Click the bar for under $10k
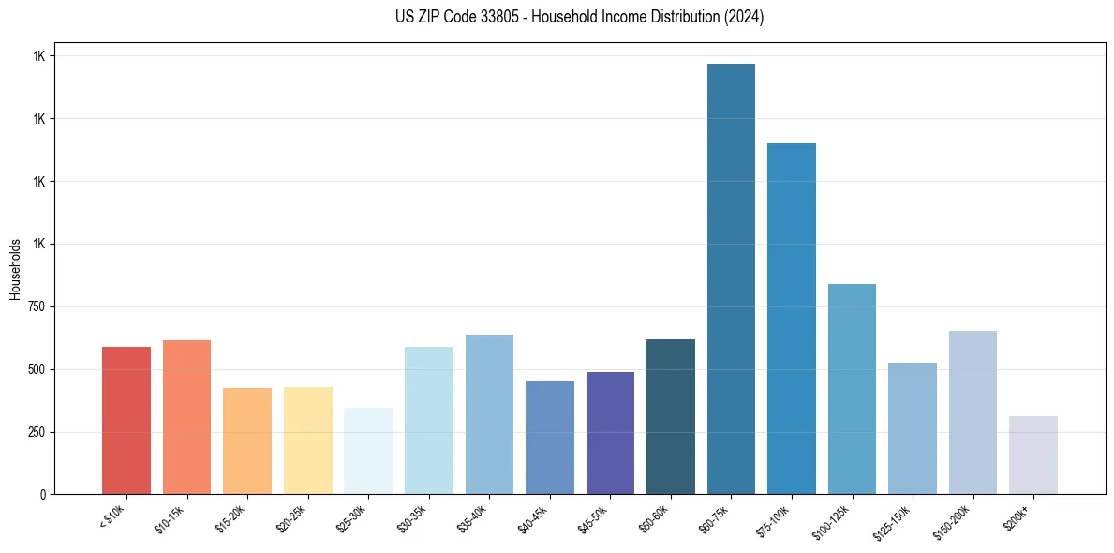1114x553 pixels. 126,421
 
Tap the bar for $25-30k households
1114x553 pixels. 368,451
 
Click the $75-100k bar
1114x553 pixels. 792,319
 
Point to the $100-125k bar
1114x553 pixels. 852,389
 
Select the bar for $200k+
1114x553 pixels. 1033,456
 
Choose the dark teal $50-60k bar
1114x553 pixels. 671,417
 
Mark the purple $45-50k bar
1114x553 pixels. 610,433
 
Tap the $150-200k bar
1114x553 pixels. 973,412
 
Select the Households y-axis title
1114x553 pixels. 16,269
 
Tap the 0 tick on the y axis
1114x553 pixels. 42,495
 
